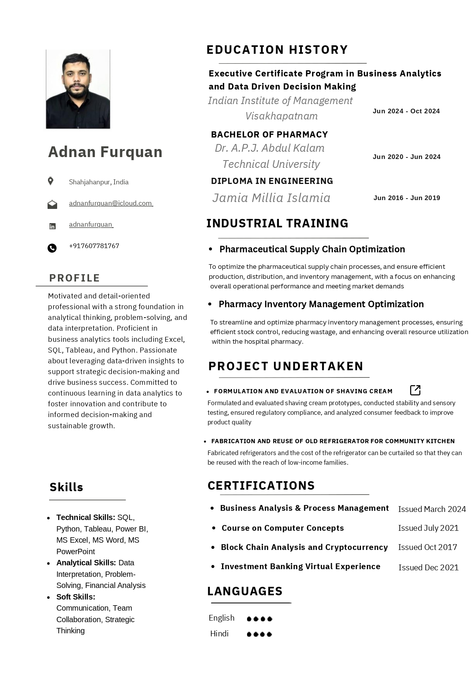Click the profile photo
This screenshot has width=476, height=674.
click(78, 89)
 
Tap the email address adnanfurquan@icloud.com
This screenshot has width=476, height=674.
click(110, 203)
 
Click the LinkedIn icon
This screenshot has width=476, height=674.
click(53, 226)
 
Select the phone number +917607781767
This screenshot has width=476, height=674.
click(94, 246)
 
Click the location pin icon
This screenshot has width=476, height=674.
click(51, 181)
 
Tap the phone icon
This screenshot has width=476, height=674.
click(52, 248)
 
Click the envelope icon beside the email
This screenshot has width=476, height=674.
click(52, 204)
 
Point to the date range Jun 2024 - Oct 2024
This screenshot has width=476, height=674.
click(406, 111)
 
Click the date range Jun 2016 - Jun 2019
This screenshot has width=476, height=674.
click(407, 198)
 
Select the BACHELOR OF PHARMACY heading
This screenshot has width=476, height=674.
click(269, 134)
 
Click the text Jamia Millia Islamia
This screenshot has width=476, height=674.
click(271, 198)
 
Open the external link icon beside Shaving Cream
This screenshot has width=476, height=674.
click(415, 390)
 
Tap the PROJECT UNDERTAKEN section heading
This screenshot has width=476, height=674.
click(286, 366)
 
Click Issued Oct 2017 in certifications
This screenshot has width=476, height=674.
click(427, 547)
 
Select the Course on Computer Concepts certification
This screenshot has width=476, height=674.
click(283, 528)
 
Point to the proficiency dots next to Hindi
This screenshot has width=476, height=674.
click(259, 634)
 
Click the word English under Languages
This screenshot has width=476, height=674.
click(221, 618)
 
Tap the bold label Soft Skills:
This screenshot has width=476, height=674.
click(76, 597)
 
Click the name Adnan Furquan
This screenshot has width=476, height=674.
click(105, 152)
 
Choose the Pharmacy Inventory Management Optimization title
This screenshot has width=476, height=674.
click(321, 304)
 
